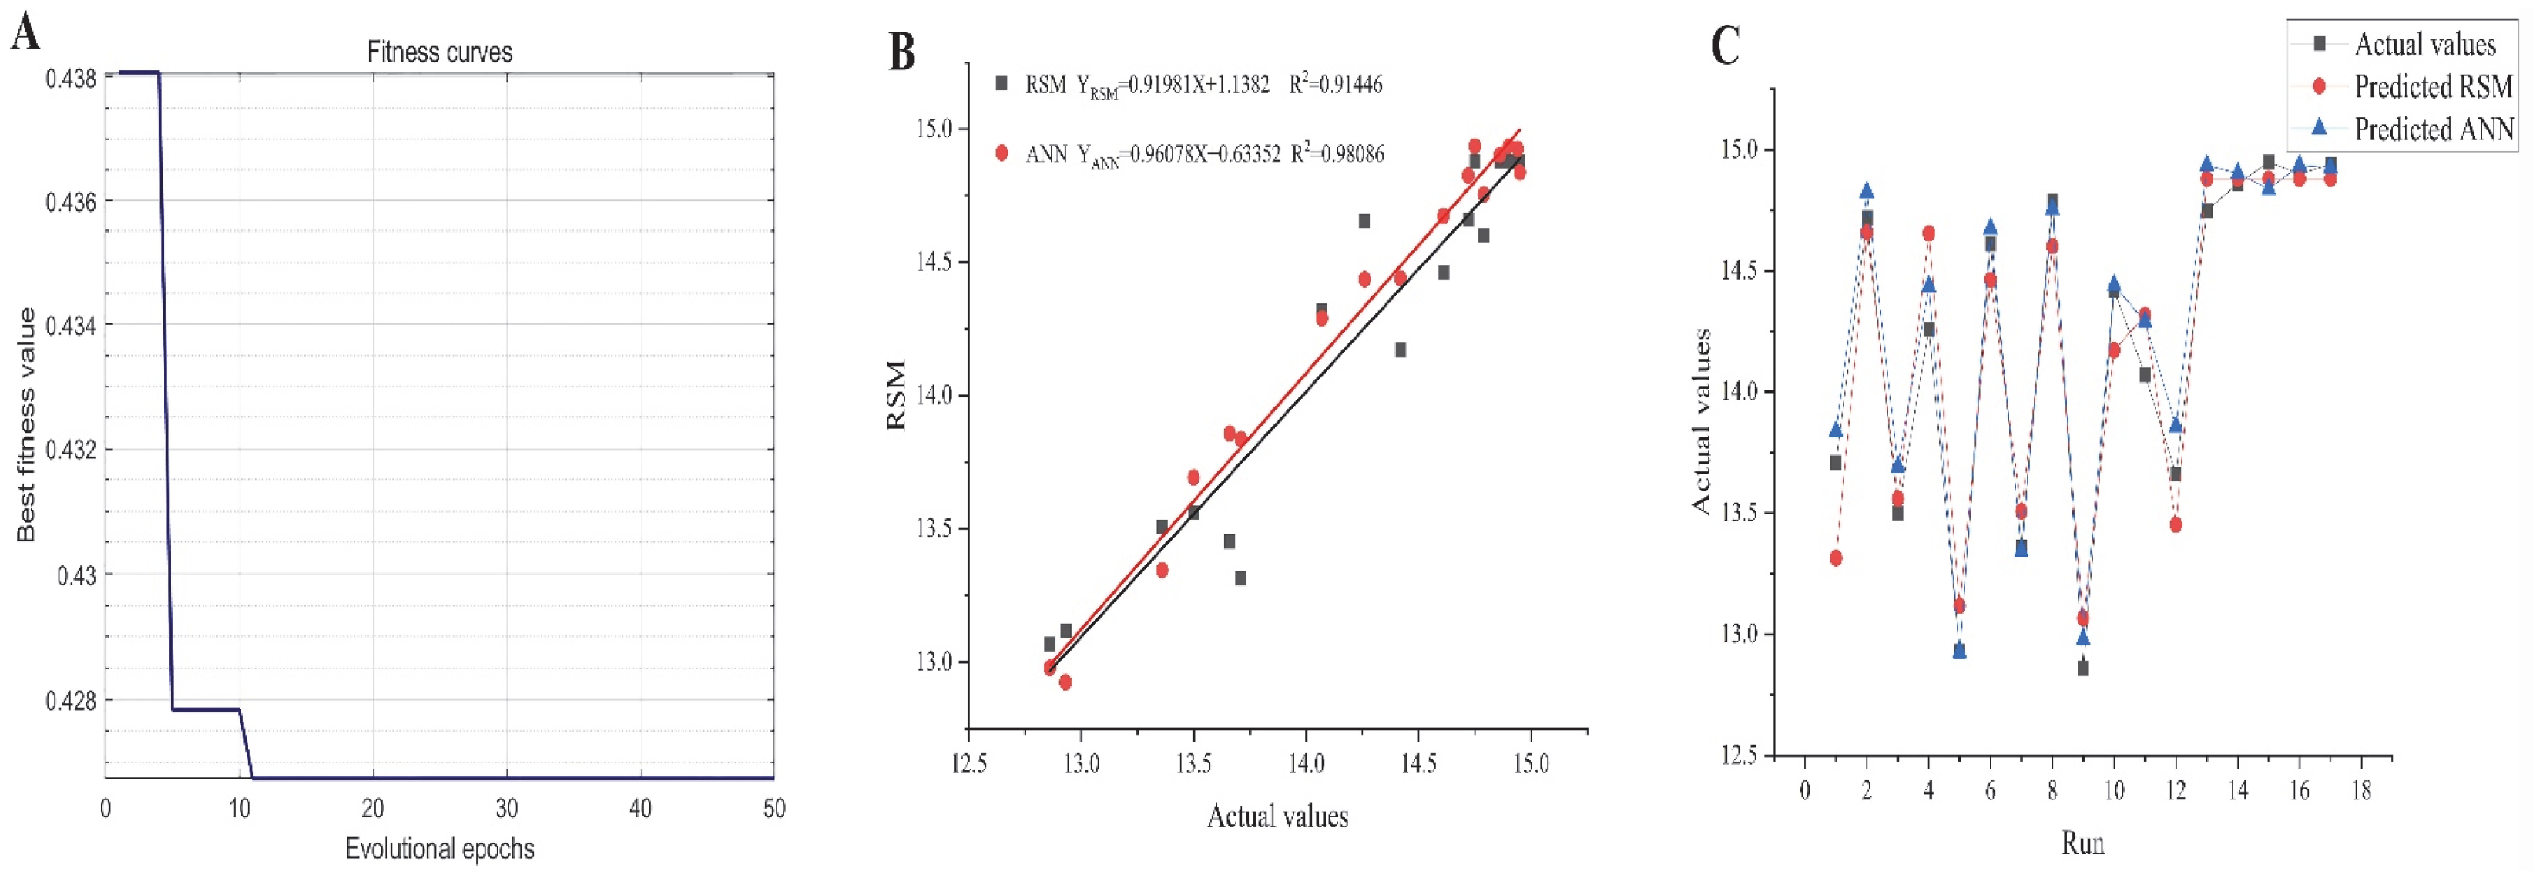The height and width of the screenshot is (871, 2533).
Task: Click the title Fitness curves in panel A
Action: click(440, 52)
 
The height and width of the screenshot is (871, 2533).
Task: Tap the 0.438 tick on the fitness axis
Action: click(71, 78)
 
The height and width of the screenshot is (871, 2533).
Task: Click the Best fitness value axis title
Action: click(25, 424)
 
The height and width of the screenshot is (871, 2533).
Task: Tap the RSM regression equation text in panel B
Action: click(1146, 85)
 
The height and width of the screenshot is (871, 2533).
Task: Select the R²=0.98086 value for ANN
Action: click(1337, 154)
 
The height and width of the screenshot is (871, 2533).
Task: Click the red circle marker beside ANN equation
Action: click(1002, 153)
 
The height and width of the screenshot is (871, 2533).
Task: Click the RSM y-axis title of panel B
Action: click(896, 395)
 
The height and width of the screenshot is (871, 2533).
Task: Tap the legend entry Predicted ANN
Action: click(2433, 129)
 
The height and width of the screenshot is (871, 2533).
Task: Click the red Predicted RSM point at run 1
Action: click(1836, 558)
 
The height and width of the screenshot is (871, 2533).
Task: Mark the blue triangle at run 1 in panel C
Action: click(1836, 430)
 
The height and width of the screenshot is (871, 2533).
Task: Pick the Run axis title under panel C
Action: click(2082, 843)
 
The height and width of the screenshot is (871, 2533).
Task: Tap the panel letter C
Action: click(1725, 46)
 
